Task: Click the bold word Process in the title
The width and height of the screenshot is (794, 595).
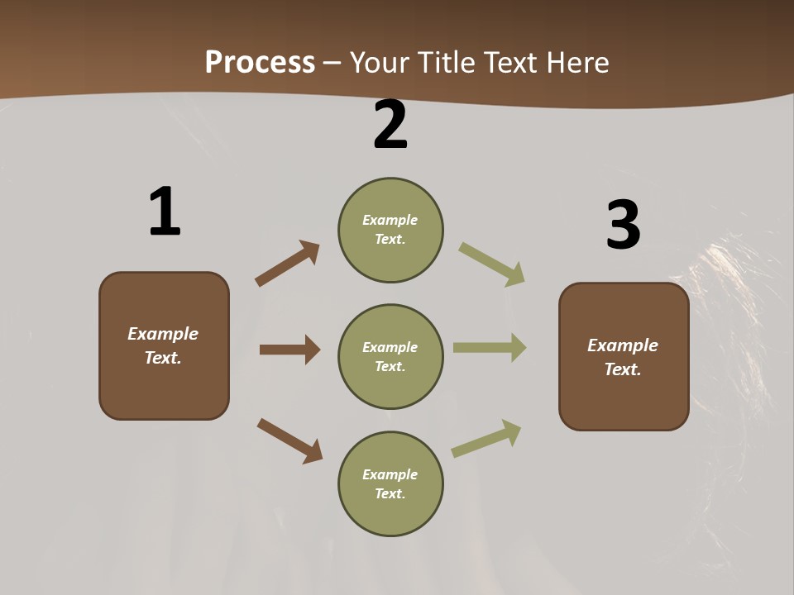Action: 260,62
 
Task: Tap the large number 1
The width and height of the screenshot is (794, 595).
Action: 165,212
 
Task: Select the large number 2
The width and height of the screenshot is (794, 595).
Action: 390,125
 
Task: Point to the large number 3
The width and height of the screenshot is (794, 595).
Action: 623,225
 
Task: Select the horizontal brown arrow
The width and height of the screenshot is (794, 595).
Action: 289,350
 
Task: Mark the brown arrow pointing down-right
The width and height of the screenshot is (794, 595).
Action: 290,440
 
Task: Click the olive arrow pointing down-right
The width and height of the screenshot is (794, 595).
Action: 492,264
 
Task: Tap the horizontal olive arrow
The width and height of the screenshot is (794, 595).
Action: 490,347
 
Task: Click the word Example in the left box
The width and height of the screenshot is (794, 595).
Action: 163,334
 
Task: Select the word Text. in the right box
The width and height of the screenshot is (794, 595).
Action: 623,369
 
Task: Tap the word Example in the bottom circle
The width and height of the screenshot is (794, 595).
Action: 390,474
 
